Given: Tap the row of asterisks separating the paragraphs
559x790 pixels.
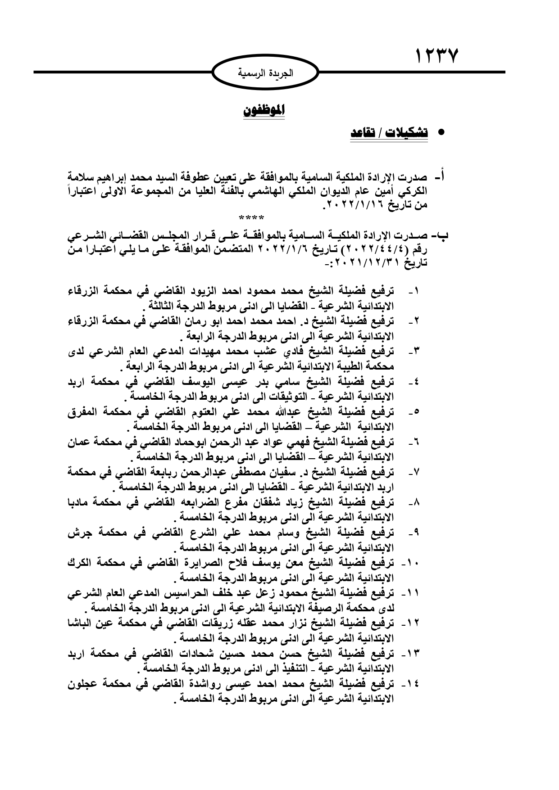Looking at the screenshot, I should coord(252,219).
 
